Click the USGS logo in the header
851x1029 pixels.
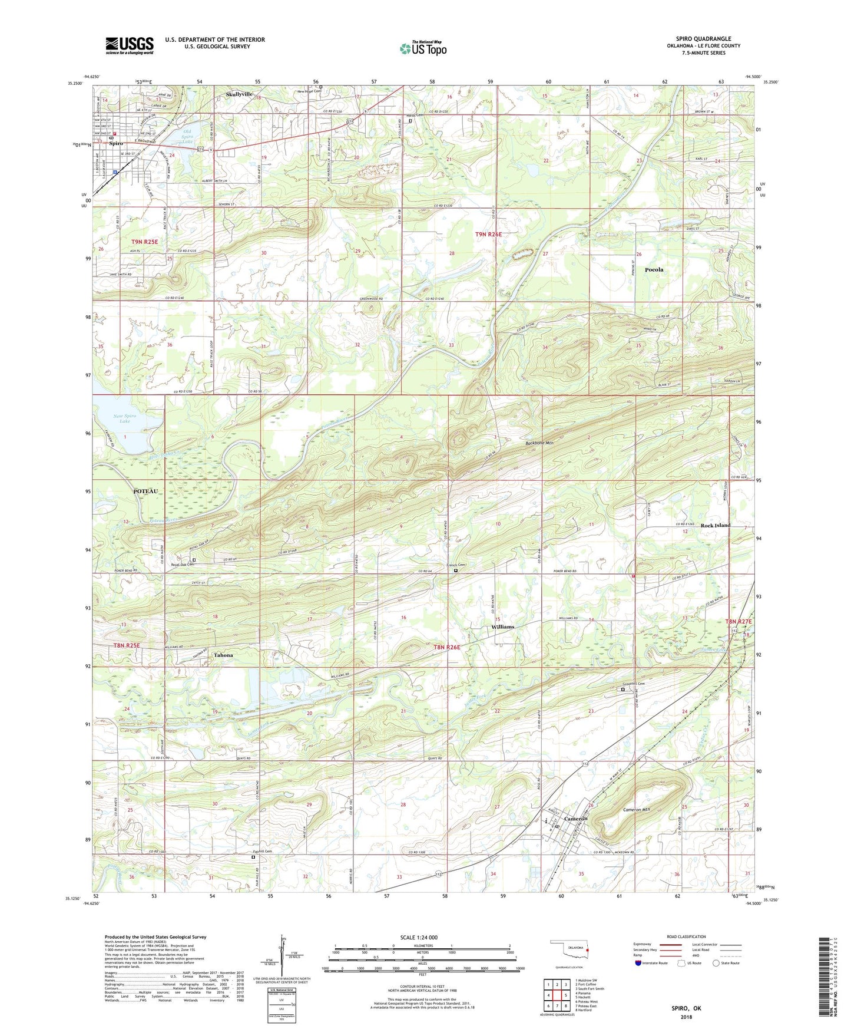tap(129, 45)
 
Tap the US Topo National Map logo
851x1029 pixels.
tap(423, 48)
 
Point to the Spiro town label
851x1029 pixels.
tap(115, 143)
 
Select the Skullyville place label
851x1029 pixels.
tap(239, 94)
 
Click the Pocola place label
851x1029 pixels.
tap(654, 269)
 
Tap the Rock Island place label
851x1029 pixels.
tap(715, 525)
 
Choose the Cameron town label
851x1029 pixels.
tap(575, 819)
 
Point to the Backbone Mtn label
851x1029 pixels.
tap(539, 443)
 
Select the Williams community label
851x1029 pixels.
tap(502, 626)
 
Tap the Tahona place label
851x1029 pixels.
tap(223, 655)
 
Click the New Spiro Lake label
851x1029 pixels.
tap(124, 418)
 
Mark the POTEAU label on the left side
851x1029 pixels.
tap(145, 491)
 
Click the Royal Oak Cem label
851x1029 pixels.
tap(183, 565)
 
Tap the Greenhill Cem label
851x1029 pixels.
tap(634, 684)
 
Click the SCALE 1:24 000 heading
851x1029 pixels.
tap(422, 937)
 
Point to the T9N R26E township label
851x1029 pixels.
tap(488, 234)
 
